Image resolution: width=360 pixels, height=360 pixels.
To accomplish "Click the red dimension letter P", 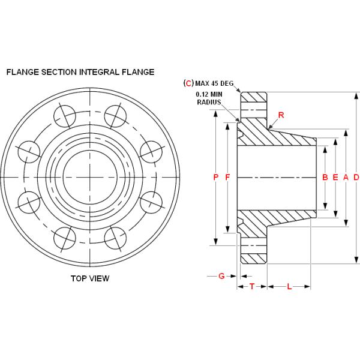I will [x=215, y=177].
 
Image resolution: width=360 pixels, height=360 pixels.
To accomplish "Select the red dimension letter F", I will [x=227, y=177].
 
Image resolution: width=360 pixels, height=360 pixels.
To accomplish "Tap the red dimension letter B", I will [x=325, y=177].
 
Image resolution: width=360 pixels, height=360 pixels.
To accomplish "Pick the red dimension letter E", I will [x=335, y=177].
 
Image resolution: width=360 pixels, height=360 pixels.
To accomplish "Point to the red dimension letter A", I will [x=346, y=177].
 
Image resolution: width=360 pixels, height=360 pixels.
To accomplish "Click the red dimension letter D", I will [x=356, y=177].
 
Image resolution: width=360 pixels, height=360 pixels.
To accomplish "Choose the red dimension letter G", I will [x=221, y=276].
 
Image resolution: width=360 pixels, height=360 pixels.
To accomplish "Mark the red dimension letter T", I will [x=252, y=287].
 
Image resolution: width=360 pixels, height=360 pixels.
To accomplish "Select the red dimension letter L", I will [x=289, y=287].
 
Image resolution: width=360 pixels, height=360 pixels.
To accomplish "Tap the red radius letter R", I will [x=281, y=114].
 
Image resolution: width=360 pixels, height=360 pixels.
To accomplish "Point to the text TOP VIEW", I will [x=90, y=278].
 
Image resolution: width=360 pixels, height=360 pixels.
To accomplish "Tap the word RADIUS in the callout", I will [x=209, y=103].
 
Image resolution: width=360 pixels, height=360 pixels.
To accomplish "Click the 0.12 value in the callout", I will [x=202, y=94].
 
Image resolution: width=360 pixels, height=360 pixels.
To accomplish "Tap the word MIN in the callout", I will [x=217, y=94].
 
